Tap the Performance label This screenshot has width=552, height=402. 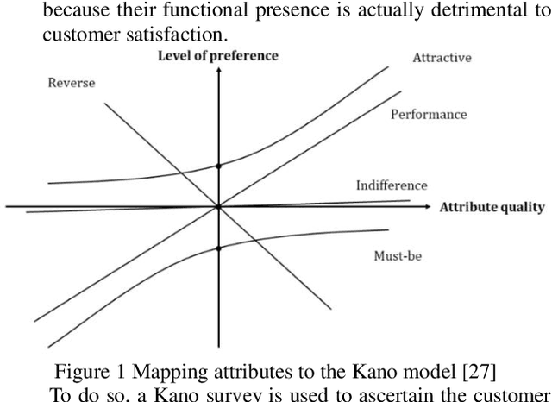coord(429,114)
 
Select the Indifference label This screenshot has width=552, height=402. coord(391,185)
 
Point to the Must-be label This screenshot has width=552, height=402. coord(397,255)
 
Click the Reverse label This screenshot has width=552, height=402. coord(71,83)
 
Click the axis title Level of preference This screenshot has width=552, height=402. coord(217,56)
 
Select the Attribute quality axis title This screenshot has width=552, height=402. coord(492,207)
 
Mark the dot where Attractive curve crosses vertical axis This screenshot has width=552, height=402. coord(218,166)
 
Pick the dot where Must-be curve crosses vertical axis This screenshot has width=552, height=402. coord(218,248)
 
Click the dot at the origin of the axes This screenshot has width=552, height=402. coord(218,207)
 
